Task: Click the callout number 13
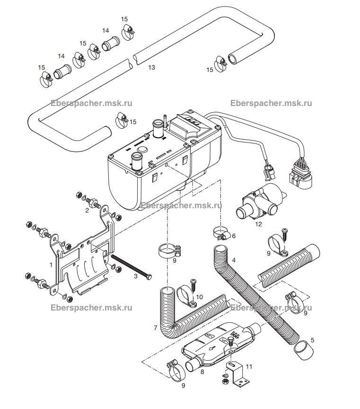click(151, 67)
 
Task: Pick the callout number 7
click(156, 328)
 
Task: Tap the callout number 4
click(234, 260)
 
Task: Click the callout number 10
click(200, 297)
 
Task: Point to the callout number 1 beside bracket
click(51, 265)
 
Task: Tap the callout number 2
click(87, 210)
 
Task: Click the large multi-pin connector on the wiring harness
click(300, 175)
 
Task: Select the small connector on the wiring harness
click(269, 172)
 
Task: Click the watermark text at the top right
click(271, 103)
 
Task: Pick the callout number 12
click(258, 224)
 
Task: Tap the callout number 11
click(249, 366)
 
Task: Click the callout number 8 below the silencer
click(202, 372)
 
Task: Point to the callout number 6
click(234, 236)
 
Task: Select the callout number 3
click(136, 276)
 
